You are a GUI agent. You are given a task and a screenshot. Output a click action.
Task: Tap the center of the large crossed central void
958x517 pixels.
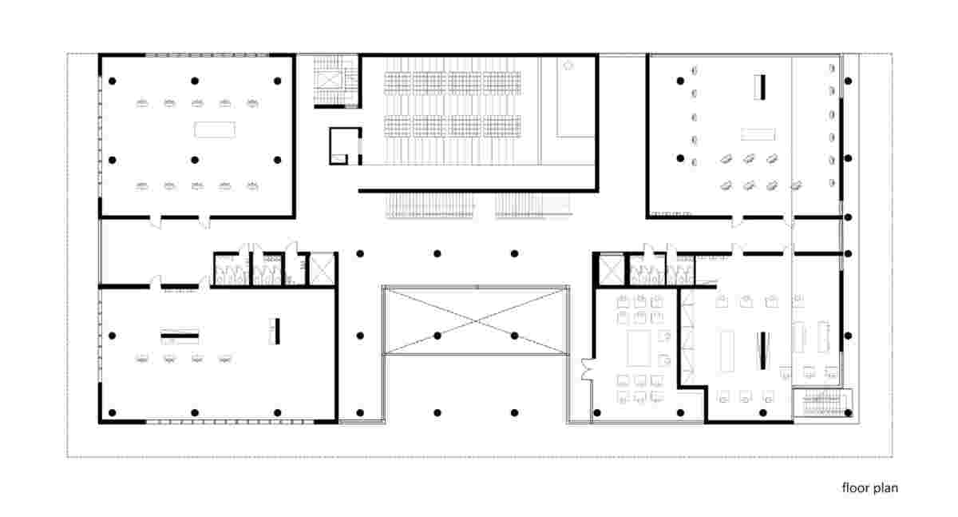tap(476, 320)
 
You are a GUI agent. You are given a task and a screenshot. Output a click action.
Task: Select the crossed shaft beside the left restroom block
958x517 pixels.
tap(322, 268)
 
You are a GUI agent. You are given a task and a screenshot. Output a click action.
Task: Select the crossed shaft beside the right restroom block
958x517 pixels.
tap(612, 268)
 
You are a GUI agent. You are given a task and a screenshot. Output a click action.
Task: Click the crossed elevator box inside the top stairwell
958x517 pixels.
tap(328, 80)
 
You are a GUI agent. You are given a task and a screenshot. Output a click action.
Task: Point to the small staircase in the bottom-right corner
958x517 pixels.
tap(822, 402)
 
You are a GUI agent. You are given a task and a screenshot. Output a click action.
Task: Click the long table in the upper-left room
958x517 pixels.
tap(214, 129)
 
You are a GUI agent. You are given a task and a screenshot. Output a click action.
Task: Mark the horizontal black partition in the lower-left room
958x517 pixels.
tap(180, 336)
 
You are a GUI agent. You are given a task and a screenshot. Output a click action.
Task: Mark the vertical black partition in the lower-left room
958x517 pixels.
tap(278, 331)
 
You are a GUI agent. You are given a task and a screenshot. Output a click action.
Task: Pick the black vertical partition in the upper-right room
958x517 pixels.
tap(762, 87)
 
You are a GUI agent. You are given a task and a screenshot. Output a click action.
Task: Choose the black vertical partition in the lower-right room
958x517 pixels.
tap(763, 351)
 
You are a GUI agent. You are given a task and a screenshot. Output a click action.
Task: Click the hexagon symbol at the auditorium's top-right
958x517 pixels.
tap(568, 65)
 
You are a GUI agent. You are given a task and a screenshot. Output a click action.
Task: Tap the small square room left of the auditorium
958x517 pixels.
tap(345, 146)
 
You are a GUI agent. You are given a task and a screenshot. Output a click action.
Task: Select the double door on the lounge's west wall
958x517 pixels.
tap(588, 370)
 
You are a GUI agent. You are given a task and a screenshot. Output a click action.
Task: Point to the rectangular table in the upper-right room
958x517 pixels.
tap(758, 134)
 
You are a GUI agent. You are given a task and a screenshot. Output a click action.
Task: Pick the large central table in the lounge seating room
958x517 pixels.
tap(639, 348)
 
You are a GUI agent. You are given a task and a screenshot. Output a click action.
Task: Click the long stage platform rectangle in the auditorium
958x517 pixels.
tap(576, 97)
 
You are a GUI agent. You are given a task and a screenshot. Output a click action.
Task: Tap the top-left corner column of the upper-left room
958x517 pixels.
tap(113, 81)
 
